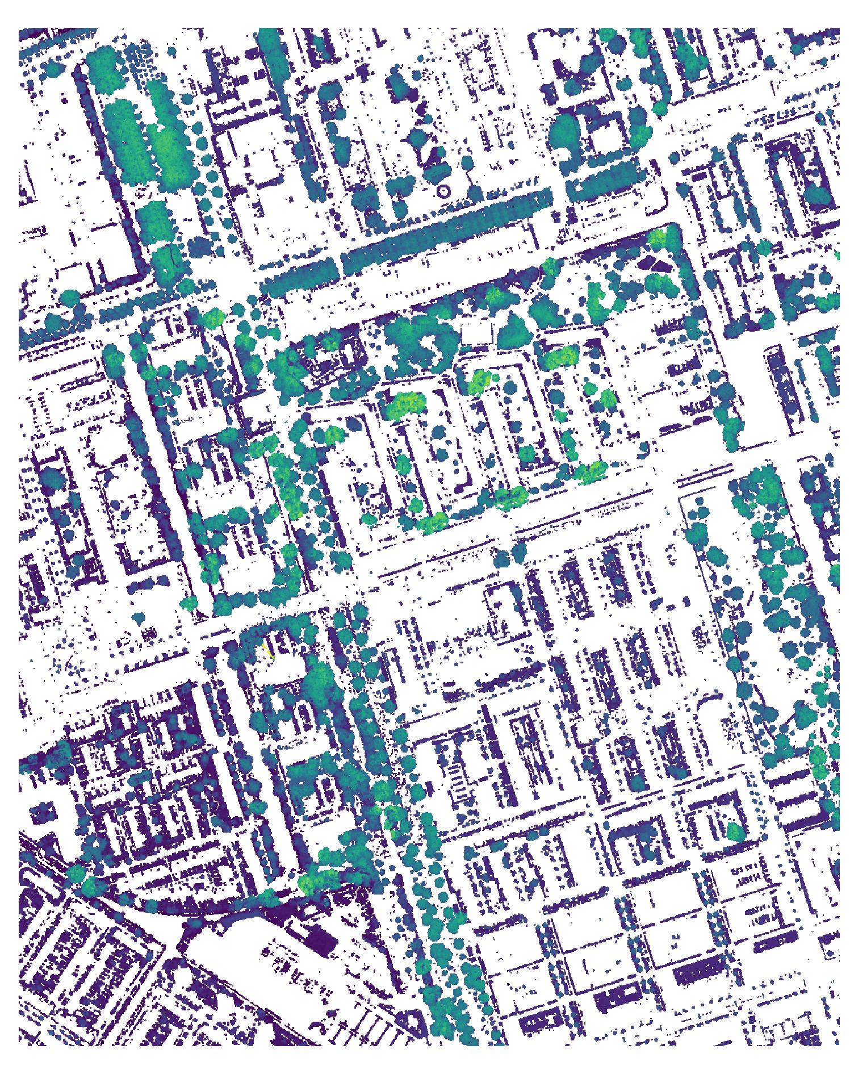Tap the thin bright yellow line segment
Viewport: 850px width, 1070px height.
coord(267,651)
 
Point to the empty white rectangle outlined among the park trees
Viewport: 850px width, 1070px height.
coord(476,332)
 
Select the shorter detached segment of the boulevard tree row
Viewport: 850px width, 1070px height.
coord(298,277)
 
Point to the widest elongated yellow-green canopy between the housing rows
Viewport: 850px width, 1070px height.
coord(407,404)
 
